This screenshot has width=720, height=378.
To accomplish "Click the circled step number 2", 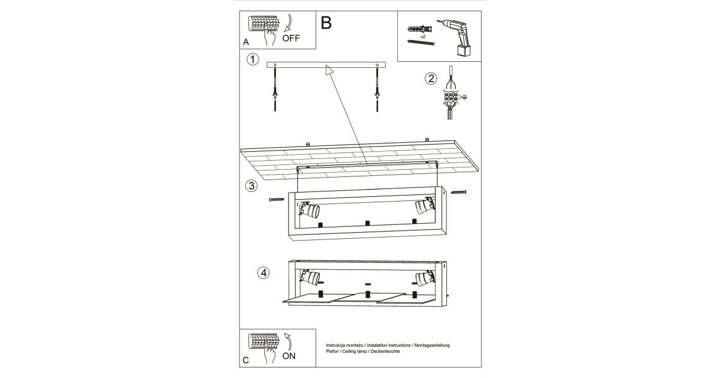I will (430, 78).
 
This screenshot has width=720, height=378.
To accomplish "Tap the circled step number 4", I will (263, 272).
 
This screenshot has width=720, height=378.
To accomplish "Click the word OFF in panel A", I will (291, 38).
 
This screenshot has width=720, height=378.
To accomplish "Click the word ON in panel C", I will (289, 356).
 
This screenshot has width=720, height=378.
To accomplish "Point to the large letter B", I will (326, 23).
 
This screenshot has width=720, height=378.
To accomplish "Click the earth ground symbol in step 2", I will (464, 97).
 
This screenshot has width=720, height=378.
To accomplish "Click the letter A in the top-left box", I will (246, 43).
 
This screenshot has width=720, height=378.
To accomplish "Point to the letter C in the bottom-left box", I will (246, 361).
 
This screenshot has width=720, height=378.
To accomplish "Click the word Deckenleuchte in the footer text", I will (383, 352).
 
